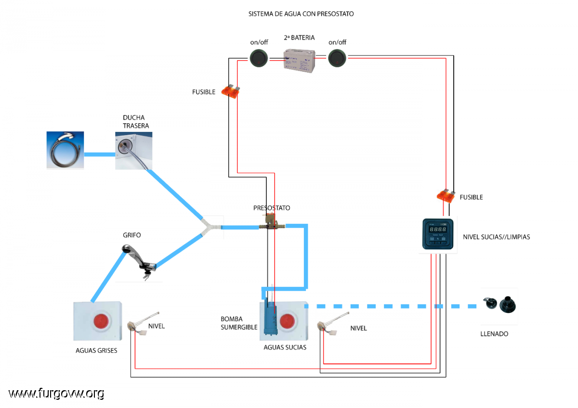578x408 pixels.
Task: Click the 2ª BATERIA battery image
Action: [299, 61]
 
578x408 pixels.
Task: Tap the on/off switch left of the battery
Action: [259, 58]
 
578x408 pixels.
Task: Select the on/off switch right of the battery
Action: [337, 58]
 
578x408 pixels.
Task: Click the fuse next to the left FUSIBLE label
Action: [230, 91]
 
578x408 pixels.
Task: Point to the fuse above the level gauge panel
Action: [446, 196]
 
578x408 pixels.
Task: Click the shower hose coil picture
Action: [66, 150]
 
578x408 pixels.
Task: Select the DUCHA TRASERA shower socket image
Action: [134, 151]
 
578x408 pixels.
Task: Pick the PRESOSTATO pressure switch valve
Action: [272, 222]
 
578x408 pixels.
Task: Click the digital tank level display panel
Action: [438, 234]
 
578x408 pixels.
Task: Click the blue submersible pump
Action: [270, 319]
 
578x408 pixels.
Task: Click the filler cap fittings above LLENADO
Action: [499, 305]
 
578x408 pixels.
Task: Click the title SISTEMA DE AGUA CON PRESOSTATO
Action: [301, 14]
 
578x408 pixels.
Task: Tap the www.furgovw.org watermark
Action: [56, 394]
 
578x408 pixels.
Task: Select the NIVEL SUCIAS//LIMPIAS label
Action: [496, 237]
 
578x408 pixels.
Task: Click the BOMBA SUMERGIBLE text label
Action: [239, 323]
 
